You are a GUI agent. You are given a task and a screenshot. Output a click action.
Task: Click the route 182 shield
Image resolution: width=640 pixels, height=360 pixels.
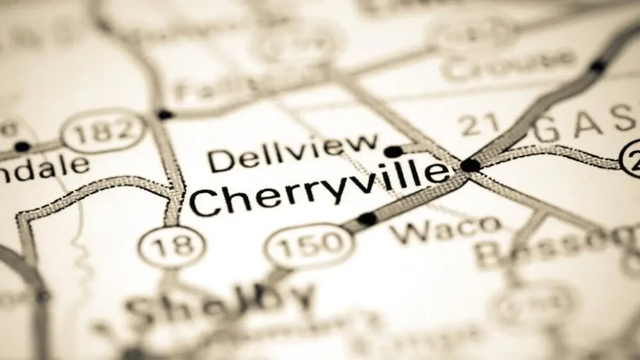pyautogui.click(x=103, y=131)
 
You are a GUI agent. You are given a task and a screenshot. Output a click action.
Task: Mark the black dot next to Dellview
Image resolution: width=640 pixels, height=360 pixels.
pyautogui.click(x=394, y=152)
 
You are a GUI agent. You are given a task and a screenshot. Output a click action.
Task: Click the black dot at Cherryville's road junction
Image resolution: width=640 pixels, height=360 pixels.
pyautogui.click(x=470, y=165)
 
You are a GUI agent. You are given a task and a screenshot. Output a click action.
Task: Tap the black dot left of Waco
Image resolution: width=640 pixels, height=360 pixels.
pyautogui.click(x=367, y=219)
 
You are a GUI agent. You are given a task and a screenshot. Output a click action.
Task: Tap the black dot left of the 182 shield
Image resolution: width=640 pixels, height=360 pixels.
pyautogui.click(x=22, y=147)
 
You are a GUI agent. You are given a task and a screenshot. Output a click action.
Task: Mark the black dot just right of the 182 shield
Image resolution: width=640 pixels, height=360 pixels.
pyautogui.click(x=164, y=114)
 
